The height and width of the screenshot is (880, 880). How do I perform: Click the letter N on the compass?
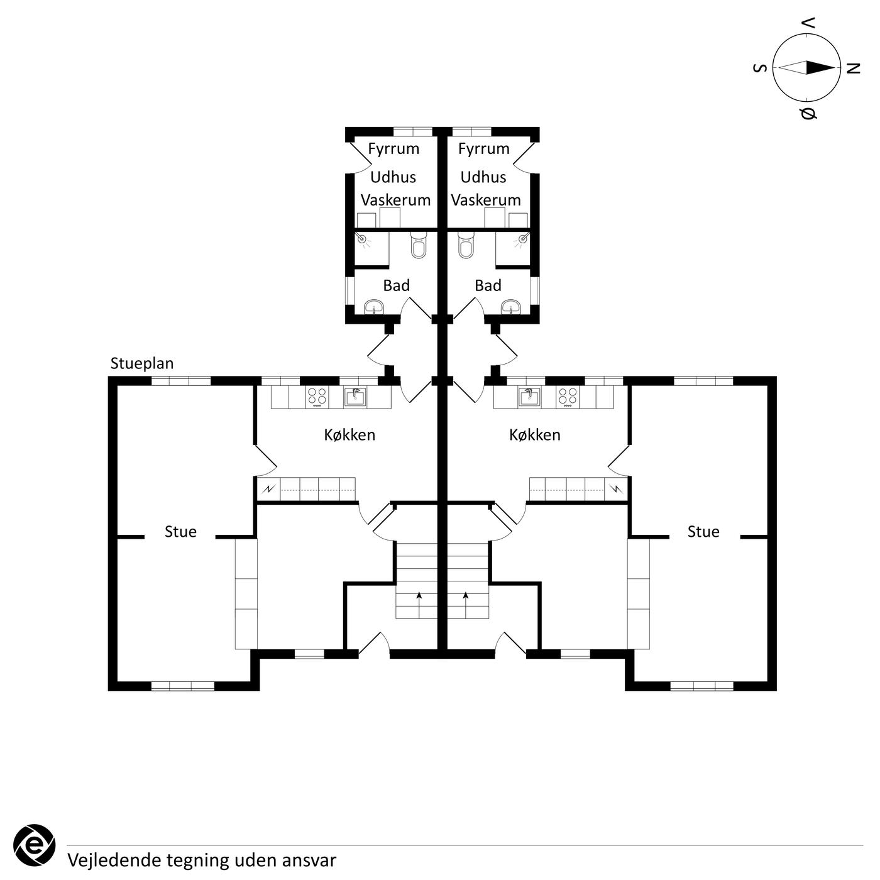[853, 69]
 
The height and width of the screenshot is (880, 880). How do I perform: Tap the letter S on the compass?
[759, 68]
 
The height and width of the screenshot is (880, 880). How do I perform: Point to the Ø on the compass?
[808, 113]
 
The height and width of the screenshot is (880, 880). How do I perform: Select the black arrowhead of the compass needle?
[820, 68]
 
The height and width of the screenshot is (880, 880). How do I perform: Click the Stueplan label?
[142, 363]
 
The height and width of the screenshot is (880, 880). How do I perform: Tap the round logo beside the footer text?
[34, 845]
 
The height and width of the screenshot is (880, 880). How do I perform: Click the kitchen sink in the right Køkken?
[529, 397]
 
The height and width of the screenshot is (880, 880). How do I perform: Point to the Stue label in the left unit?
[180, 532]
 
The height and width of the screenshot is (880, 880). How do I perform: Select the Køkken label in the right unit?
[535, 435]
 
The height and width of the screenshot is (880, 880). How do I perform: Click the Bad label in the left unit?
[397, 285]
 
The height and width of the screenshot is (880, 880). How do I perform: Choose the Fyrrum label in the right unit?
[483, 149]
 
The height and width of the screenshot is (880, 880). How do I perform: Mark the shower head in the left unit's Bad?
[362, 239]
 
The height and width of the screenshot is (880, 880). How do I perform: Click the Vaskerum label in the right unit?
[486, 200]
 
